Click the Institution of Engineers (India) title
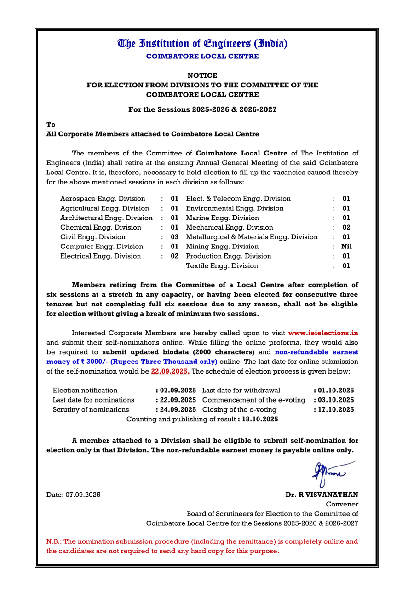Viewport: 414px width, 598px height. pos(202,44)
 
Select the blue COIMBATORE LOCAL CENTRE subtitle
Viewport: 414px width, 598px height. pos(202,57)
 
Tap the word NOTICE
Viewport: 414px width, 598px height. pos(202,75)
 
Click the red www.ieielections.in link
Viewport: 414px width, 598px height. pos(323,333)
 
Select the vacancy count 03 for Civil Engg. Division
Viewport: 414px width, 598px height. pos(175,237)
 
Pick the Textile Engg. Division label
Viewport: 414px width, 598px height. pos(222,266)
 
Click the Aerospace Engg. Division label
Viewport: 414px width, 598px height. pos(103,199)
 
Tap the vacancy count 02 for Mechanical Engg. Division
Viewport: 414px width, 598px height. pos(346,227)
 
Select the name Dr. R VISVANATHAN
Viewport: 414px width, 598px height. pos(322,495)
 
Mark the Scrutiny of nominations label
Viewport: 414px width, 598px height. pos(91,409)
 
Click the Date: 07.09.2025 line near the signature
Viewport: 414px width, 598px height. pos(74,495)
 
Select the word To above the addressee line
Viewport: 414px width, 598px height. pos(51,125)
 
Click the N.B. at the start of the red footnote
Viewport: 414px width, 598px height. pos(54,541)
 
